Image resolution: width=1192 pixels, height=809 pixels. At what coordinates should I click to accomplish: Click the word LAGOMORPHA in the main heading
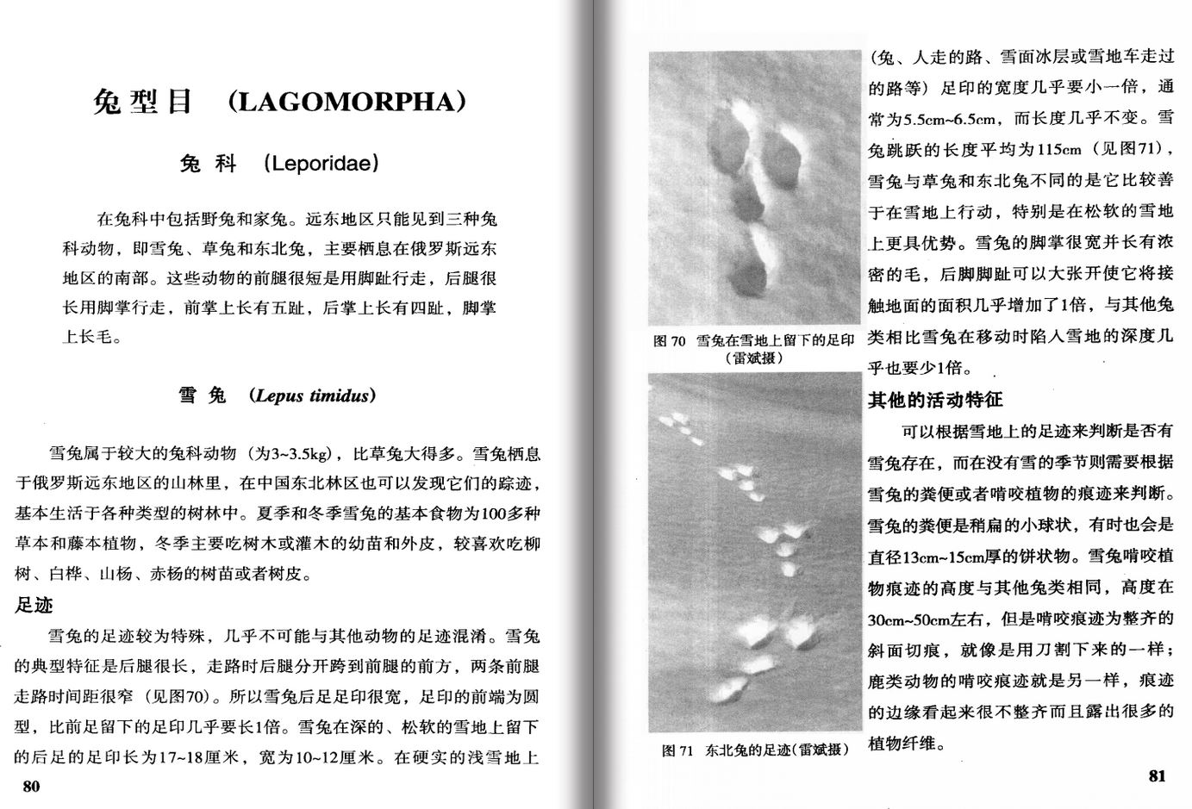(346, 103)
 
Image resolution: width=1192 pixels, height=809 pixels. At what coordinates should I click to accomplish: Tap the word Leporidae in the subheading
(321, 164)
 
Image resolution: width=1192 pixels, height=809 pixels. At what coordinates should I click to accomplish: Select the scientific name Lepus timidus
(312, 396)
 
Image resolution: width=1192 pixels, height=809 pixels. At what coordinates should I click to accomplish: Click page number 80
(31, 786)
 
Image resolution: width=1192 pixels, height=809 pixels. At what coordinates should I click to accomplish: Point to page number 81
(1157, 775)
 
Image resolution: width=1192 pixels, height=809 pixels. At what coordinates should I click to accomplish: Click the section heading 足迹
(34, 605)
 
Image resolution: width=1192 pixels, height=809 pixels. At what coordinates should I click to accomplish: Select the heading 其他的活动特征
(935, 400)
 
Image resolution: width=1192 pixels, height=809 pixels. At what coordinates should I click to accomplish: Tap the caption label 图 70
(669, 341)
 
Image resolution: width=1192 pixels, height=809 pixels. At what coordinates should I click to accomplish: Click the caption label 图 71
(677, 750)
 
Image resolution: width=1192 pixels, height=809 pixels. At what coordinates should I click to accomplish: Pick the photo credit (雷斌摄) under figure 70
(754, 358)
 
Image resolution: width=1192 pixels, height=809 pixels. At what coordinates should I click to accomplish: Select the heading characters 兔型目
(142, 103)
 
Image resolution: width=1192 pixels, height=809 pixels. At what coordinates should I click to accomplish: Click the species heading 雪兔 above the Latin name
(203, 396)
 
